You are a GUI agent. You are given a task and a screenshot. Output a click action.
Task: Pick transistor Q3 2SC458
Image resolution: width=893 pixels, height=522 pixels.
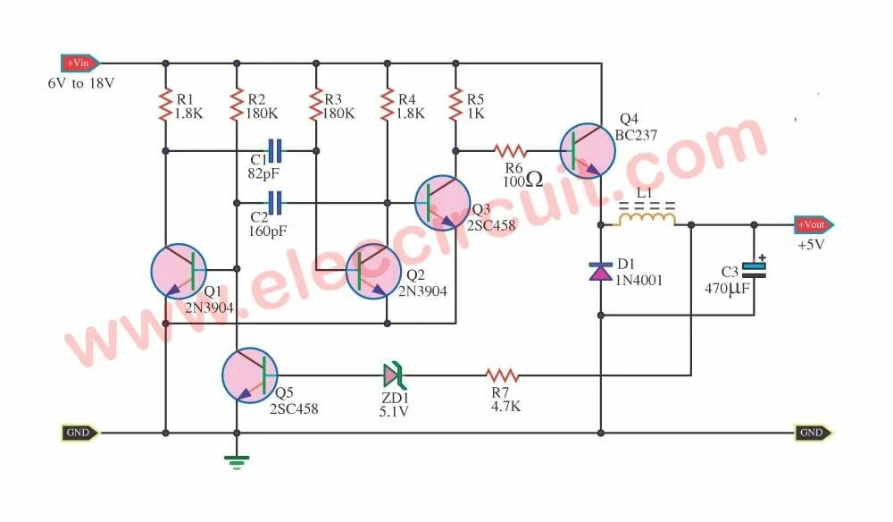[442, 204]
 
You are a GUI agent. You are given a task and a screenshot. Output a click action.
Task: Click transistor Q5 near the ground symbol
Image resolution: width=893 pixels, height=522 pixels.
[249, 375]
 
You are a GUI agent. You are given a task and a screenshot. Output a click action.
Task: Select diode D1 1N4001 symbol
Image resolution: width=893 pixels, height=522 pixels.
[600, 270]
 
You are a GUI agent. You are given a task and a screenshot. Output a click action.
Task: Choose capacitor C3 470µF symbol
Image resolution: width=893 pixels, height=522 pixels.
[755, 270]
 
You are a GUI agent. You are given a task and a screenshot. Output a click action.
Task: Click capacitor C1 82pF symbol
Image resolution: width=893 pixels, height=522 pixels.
[276, 151]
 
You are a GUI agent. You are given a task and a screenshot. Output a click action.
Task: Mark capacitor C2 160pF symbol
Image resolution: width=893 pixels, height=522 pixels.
[276, 203]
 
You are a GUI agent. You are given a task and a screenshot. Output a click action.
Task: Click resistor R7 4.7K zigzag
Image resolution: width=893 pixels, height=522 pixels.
[502, 375]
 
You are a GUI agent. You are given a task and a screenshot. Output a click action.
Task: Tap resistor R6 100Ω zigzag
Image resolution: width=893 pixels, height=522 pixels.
[513, 151]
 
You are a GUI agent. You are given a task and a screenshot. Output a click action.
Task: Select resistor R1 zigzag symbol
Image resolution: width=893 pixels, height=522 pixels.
[165, 106]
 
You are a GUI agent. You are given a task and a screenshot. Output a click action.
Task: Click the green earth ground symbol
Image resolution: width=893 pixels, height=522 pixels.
[237, 461]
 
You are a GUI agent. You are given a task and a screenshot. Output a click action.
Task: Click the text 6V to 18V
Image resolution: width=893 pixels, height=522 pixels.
[81, 83]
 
